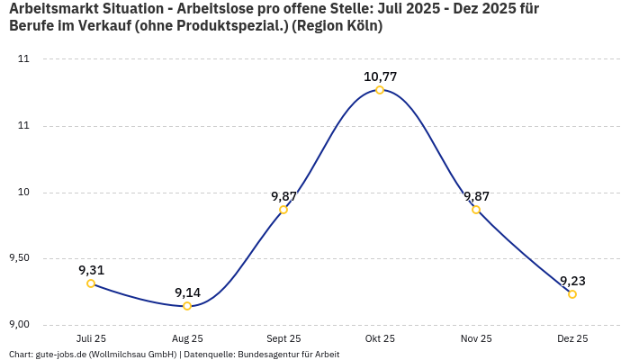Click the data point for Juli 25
[91, 283]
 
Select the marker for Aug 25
[187, 306]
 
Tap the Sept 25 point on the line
[283, 210]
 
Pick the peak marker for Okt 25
[380, 90]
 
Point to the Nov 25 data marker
[476, 210]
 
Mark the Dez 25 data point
[572, 294]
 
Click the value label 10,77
[380, 76]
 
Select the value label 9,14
[187, 292]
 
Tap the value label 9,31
[91, 270]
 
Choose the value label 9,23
[572, 281]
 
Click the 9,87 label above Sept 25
[283, 196]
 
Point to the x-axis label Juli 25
[91, 338]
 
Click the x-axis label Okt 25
[380, 338]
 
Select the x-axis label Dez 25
[572, 338]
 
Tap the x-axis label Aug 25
[187, 338]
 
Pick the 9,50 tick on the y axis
[19, 258]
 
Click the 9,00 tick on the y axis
[19, 325]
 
